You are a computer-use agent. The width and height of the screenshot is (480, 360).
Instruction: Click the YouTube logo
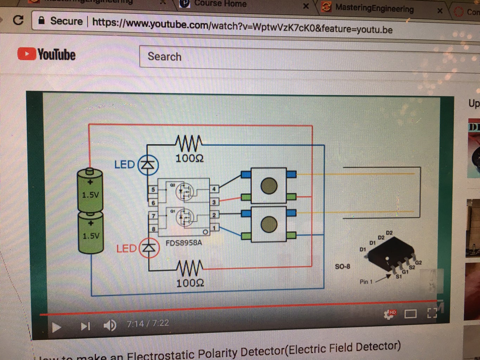pyautogui.click(x=46, y=54)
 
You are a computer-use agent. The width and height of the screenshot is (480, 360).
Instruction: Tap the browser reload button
pyautogui.click(x=18, y=20)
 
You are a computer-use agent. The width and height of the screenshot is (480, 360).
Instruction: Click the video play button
pyautogui.click(x=56, y=327)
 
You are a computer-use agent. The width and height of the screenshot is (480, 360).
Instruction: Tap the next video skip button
pyautogui.click(x=85, y=327)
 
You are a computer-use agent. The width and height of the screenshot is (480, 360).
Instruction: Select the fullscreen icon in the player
pyautogui.click(x=432, y=312)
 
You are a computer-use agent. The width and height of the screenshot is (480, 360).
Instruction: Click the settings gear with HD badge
pyautogui.click(x=389, y=314)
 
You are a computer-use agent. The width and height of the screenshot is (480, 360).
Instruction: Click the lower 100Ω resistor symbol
pyautogui.click(x=190, y=269)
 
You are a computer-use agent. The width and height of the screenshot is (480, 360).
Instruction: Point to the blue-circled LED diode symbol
pyautogui.click(x=148, y=165)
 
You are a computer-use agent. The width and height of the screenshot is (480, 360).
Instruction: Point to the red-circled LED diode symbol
pyautogui.click(x=149, y=248)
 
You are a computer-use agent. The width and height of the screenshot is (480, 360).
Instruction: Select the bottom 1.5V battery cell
pyautogui.click(x=91, y=232)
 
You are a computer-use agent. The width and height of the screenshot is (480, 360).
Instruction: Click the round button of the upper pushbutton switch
pyautogui.click(x=269, y=186)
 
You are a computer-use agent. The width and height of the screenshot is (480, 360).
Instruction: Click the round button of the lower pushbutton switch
pyautogui.click(x=269, y=224)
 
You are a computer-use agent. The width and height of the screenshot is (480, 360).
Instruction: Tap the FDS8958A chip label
pyautogui.click(x=184, y=243)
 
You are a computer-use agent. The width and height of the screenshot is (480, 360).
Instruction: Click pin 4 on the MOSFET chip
pyautogui.click(x=214, y=189)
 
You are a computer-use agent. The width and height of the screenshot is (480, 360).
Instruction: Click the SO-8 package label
pyautogui.click(x=342, y=266)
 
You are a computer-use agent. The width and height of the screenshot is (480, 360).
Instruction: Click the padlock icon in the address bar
pyautogui.click(x=41, y=20)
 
